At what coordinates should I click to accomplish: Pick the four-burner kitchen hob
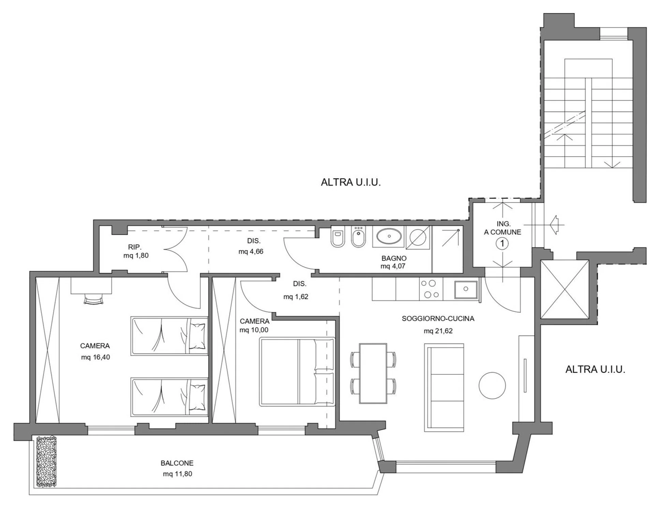click(x=431, y=289)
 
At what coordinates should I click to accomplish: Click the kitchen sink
click(x=466, y=289)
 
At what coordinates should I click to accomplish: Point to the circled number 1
click(x=502, y=244)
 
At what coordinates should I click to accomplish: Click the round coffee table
click(x=492, y=385)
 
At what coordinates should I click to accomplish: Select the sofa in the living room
click(x=444, y=388)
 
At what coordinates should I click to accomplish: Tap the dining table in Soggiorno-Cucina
click(x=373, y=373)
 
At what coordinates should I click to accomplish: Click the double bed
click(x=297, y=371)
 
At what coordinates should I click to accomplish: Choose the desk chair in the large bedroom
click(x=93, y=300)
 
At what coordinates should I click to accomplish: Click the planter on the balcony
click(x=46, y=461)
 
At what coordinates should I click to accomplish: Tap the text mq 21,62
click(x=438, y=331)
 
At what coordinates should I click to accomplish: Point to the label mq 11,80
click(x=177, y=474)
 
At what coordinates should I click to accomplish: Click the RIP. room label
click(x=135, y=247)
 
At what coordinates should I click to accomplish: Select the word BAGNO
click(x=394, y=258)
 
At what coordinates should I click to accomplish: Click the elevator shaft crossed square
click(x=565, y=290)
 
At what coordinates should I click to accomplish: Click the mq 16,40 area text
click(x=95, y=357)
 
